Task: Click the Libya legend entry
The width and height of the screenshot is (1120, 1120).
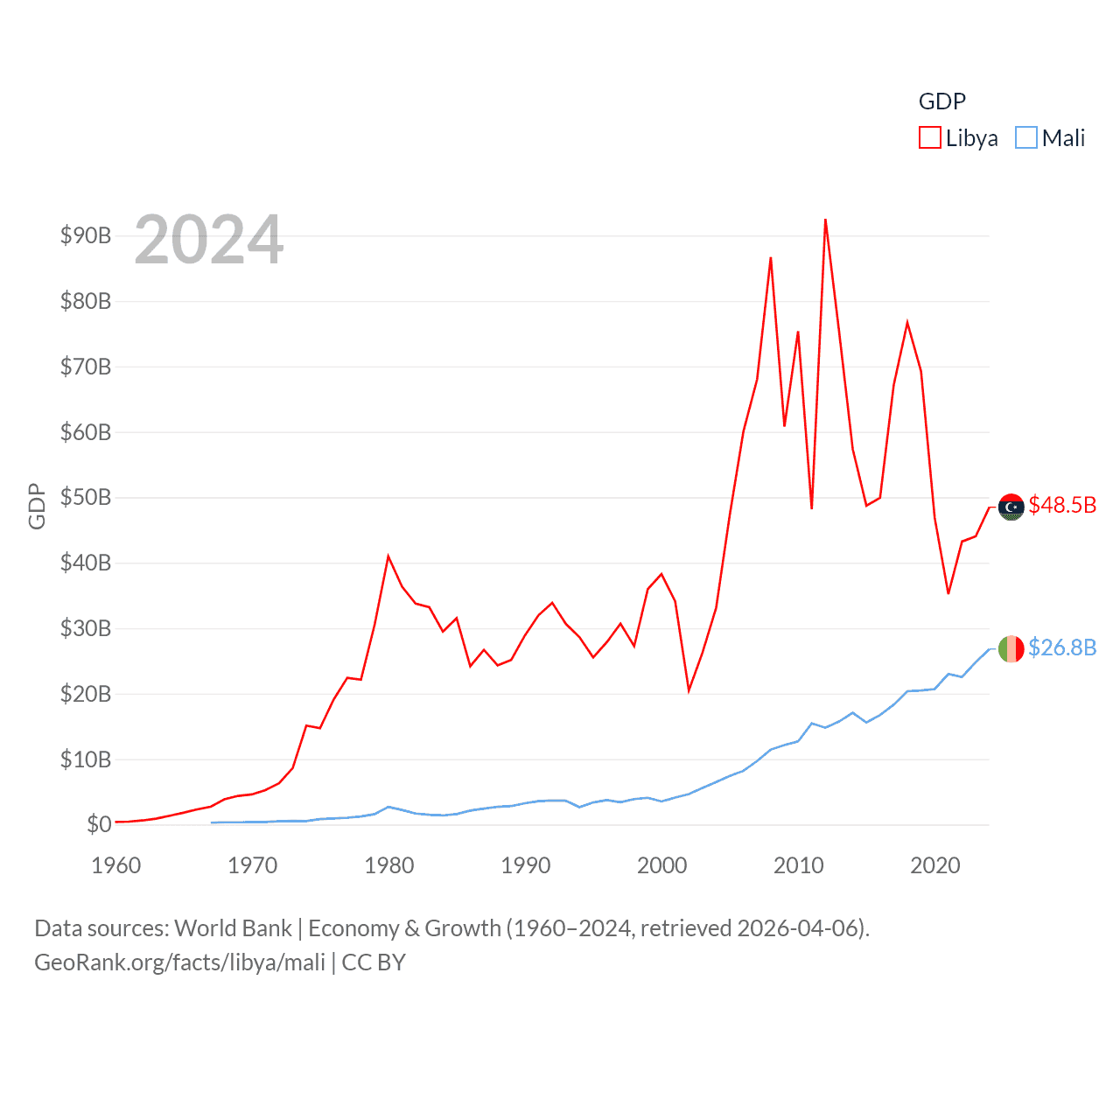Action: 958,138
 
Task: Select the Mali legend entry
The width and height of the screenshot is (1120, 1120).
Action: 1050,138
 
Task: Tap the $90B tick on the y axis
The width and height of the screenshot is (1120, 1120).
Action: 86,235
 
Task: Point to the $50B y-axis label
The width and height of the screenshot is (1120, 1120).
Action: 86,497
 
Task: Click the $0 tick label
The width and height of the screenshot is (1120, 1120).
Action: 99,824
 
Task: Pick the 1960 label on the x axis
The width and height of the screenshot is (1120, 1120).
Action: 116,865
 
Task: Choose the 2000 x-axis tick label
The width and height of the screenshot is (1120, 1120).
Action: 662,865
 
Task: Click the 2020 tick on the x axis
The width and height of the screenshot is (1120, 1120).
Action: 935,865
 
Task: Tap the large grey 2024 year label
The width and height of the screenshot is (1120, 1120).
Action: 209,240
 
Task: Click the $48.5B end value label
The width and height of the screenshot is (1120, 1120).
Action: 1062,505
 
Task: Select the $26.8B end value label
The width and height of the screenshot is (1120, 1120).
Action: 1062,647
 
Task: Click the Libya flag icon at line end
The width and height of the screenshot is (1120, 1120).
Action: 1011,507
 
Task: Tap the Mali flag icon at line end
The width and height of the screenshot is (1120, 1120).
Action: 1011,648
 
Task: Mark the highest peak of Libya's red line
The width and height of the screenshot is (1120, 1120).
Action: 825,220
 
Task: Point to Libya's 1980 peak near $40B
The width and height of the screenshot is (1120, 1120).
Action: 388,556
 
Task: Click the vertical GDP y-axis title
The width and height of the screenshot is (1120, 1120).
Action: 37,506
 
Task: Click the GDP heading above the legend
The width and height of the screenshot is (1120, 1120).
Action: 942,101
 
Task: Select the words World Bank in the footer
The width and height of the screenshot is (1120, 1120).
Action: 233,927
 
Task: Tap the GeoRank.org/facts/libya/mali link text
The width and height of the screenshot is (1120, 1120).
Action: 179,962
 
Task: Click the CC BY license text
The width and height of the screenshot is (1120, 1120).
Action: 374,962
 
